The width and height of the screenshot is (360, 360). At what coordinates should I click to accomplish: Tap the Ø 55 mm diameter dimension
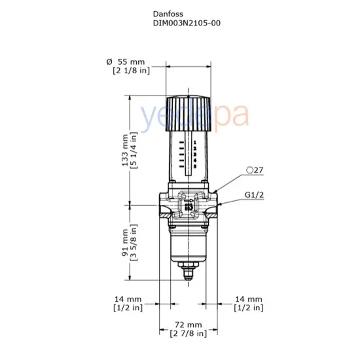128,61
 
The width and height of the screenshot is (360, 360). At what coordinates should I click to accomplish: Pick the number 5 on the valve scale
195,168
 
